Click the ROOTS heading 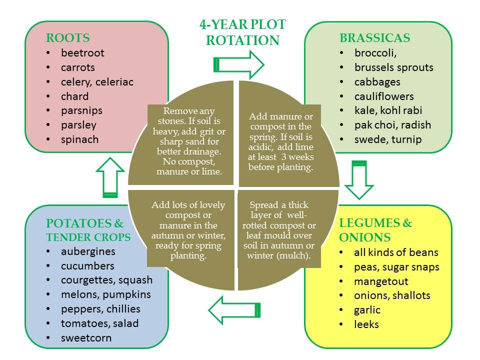click(x=67, y=38)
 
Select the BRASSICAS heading click(x=374, y=38)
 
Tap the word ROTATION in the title click(x=243, y=40)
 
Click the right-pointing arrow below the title click(x=239, y=65)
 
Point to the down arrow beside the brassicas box click(x=359, y=180)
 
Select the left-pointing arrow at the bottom click(x=234, y=310)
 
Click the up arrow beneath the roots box click(x=110, y=177)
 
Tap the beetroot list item click(x=82, y=53)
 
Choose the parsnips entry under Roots click(x=81, y=111)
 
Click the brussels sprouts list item click(x=393, y=67)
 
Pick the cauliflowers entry click(x=384, y=96)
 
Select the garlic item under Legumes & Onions click(x=367, y=310)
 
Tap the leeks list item click(x=366, y=324)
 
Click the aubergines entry click(x=88, y=251)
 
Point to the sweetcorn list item click(x=86, y=338)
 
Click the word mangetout click(x=381, y=281)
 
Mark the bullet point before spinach click(x=48, y=139)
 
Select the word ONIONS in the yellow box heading click(x=365, y=237)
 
